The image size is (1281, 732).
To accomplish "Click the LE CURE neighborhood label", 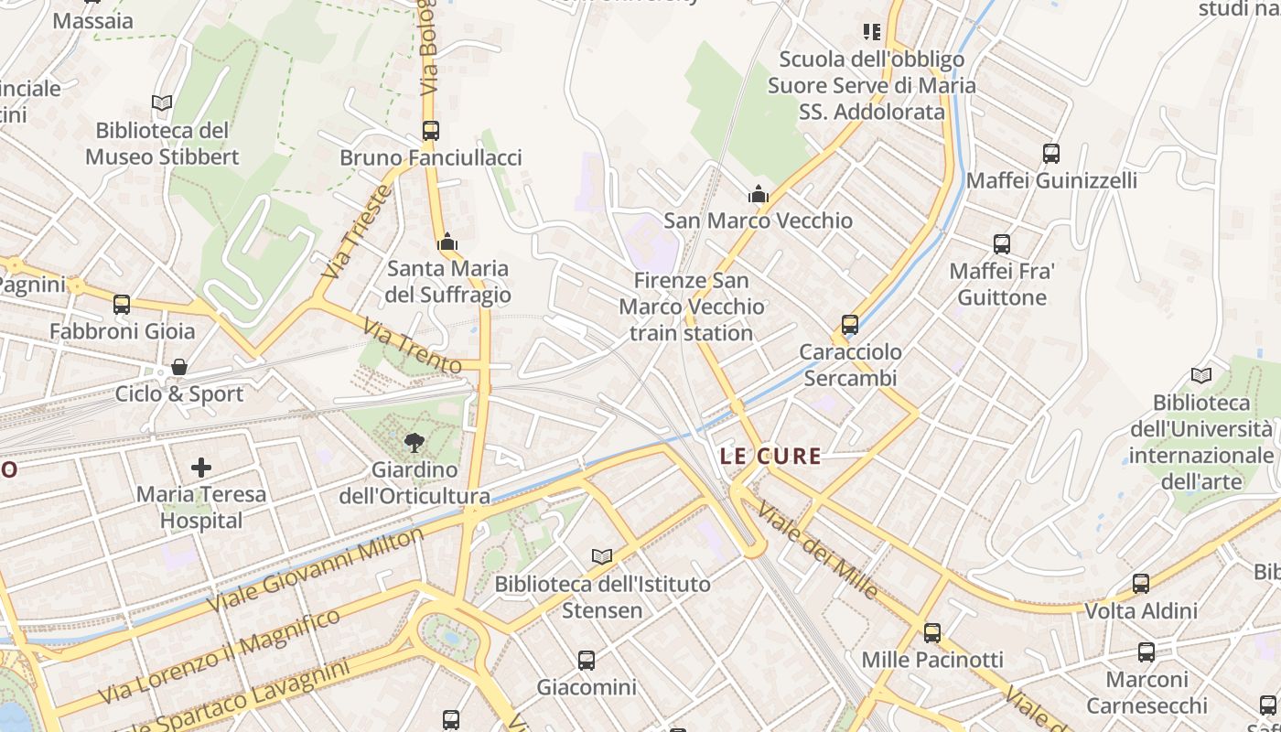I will (770, 456).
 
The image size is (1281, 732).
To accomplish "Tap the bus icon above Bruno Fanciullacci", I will (431, 131).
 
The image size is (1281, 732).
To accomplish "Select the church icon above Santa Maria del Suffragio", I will (447, 242).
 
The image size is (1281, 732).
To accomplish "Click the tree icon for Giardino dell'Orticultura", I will (414, 443).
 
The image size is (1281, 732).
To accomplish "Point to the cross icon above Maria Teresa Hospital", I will (201, 468).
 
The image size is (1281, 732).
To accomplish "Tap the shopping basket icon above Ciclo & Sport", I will (179, 367).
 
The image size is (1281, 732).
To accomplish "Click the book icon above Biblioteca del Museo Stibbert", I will (162, 103).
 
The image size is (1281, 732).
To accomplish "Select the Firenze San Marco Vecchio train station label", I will (691, 307).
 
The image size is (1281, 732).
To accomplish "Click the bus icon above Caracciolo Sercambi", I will (850, 325).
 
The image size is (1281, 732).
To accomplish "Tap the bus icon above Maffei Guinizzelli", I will (1051, 154).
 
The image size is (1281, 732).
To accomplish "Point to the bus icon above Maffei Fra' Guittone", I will (1002, 244).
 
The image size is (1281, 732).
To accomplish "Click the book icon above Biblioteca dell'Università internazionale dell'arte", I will (1200, 375).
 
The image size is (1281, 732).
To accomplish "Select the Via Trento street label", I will (412, 346).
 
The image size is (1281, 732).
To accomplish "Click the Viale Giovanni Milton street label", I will (317, 570).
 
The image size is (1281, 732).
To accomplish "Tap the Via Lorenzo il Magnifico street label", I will (220, 656).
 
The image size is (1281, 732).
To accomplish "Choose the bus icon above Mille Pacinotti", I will (932, 633).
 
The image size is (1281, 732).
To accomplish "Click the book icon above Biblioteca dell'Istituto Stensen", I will (601, 556).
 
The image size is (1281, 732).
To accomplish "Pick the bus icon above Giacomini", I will (587, 660).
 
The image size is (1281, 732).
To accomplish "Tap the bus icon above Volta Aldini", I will (1141, 584).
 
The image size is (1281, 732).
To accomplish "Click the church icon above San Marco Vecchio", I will (758, 194).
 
